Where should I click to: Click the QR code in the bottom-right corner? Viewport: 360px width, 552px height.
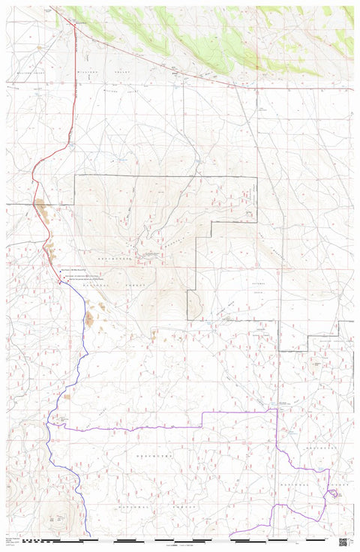[x=343, y=541]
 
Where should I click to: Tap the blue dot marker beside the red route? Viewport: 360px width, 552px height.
[x=61, y=269]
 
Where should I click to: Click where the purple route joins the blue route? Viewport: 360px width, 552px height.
[x=49, y=424]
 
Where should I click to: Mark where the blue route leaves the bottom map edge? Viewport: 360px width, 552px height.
[x=89, y=535]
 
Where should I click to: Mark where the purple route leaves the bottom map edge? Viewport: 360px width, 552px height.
[x=232, y=535]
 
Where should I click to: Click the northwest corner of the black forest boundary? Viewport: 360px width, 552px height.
[x=75, y=175]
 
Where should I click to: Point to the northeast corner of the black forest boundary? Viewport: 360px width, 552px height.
[x=256, y=177]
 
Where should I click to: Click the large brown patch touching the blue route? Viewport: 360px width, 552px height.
[x=89, y=319]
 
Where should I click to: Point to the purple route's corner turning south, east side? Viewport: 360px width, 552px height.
[x=277, y=410]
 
